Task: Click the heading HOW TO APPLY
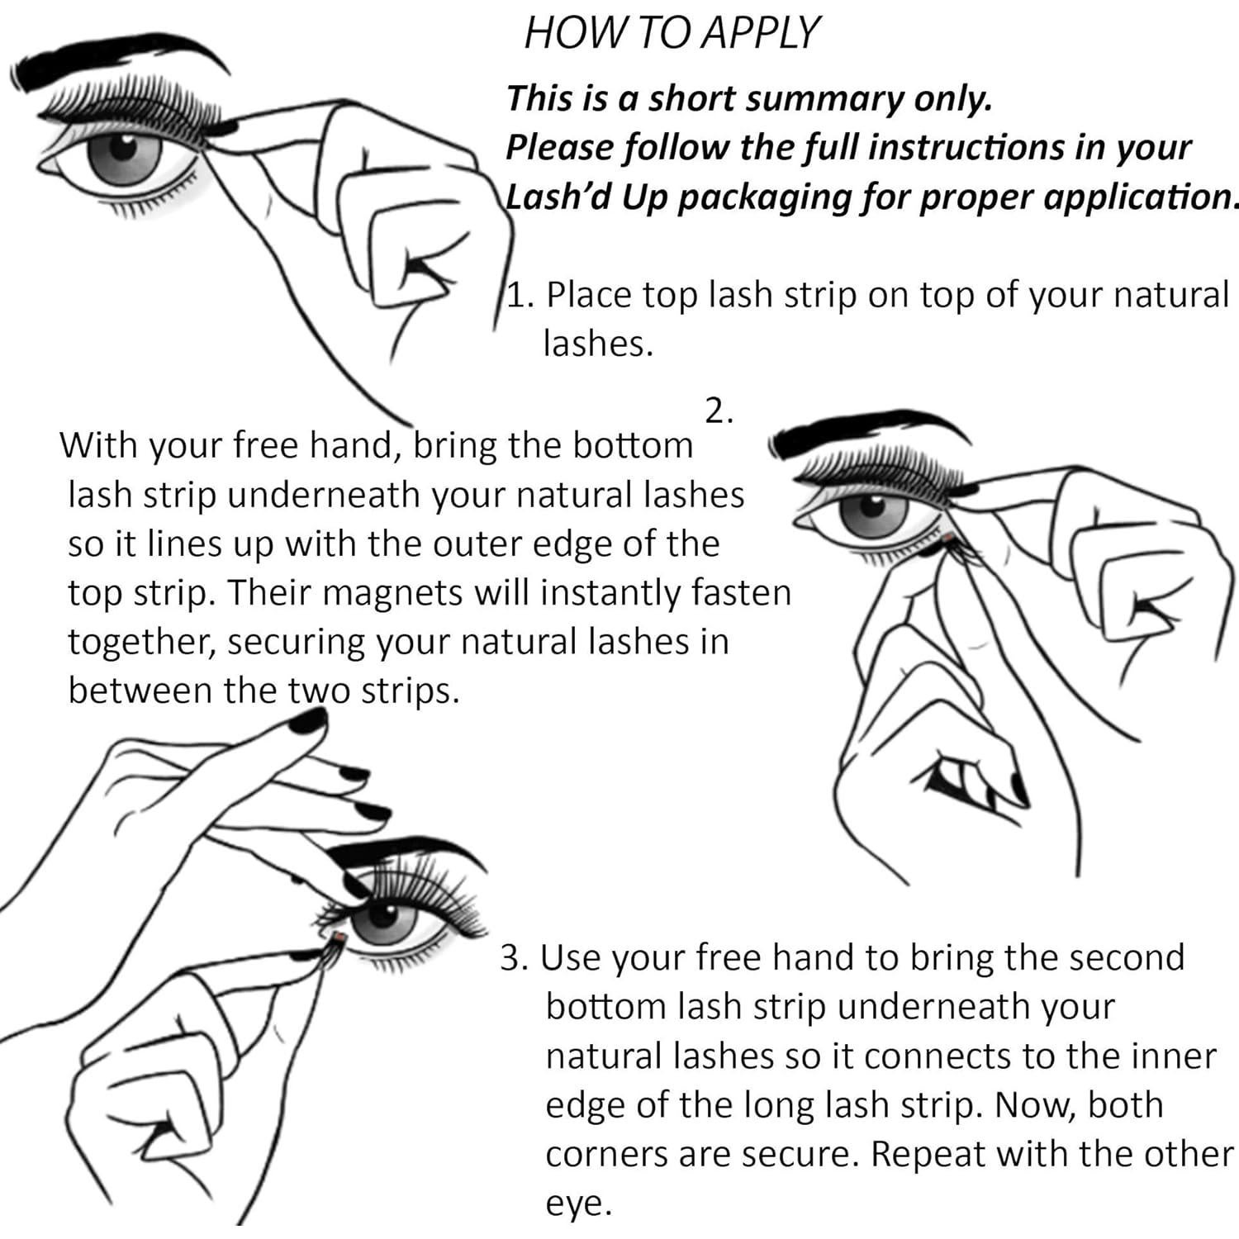coord(672,33)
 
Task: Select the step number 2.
coord(719,411)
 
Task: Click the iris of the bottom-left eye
coord(386,917)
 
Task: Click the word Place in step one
coord(587,295)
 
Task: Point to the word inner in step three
coord(1174,1057)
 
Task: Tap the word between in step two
coord(140,691)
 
